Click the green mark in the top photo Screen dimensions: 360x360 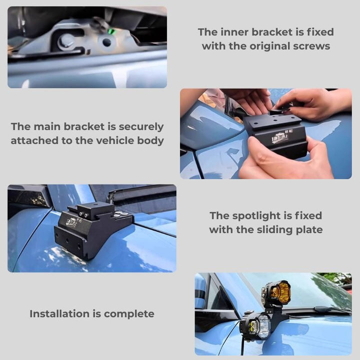point(111,31)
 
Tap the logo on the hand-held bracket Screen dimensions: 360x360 point(280,137)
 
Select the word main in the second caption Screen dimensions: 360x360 point(49,127)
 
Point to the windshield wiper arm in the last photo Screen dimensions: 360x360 point(320,311)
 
